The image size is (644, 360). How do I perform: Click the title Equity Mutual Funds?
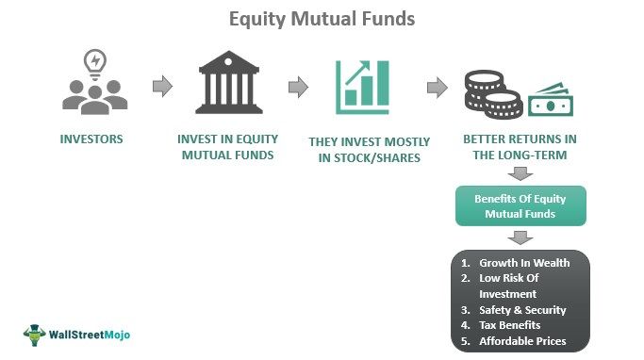pyautogui.click(x=322, y=18)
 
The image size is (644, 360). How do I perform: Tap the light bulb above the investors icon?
pyautogui.click(x=94, y=59)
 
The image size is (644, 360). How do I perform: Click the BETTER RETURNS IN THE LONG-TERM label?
pyautogui.click(x=520, y=147)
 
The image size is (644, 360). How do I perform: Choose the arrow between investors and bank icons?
pyautogui.click(x=162, y=87)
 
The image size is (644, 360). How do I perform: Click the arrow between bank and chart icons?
pyautogui.click(x=298, y=87)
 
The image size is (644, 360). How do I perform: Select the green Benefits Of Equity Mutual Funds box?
pyautogui.click(x=520, y=205)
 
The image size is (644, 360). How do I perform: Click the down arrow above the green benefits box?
pyautogui.click(x=520, y=173)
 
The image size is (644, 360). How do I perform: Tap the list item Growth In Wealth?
pyautogui.click(x=523, y=263)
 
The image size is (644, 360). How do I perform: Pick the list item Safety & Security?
pyautogui.click(x=522, y=309)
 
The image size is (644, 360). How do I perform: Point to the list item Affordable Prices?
pyautogui.click(x=522, y=341)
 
